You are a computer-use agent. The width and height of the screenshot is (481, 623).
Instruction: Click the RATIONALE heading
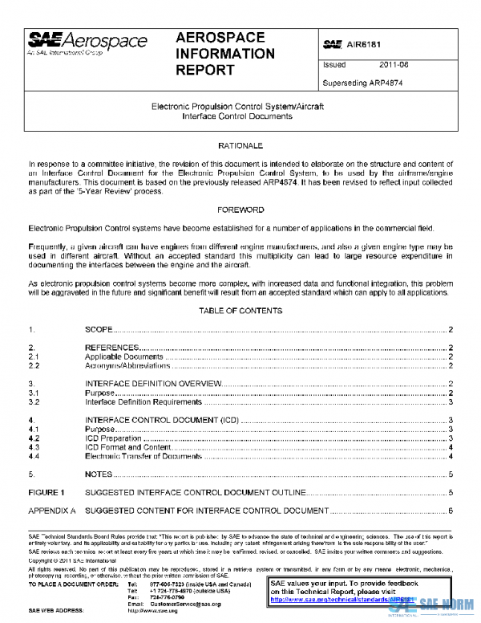pyautogui.click(x=240, y=146)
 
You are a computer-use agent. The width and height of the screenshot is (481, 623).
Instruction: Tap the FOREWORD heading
pyautogui.click(x=240, y=210)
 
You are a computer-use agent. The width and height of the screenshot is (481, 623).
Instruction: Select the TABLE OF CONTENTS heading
pyautogui.click(x=240, y=310)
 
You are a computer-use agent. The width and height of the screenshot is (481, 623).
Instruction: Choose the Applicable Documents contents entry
pyautogui.click(x=124, y=356)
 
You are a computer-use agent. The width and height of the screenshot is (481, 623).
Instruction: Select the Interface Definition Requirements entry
pyautogui.click(x=143, y=402)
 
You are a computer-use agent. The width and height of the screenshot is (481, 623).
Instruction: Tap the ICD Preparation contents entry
pyautogui.click(x=112, y=438)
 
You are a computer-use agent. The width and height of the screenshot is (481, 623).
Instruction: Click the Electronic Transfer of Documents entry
pyautogui.click(x=143, y=456)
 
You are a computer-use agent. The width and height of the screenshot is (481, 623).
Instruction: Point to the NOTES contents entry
pyautogui.click(x=98, y=474)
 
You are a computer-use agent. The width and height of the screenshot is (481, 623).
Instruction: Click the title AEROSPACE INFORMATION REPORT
pyautogui.click(x=224, y=54)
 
